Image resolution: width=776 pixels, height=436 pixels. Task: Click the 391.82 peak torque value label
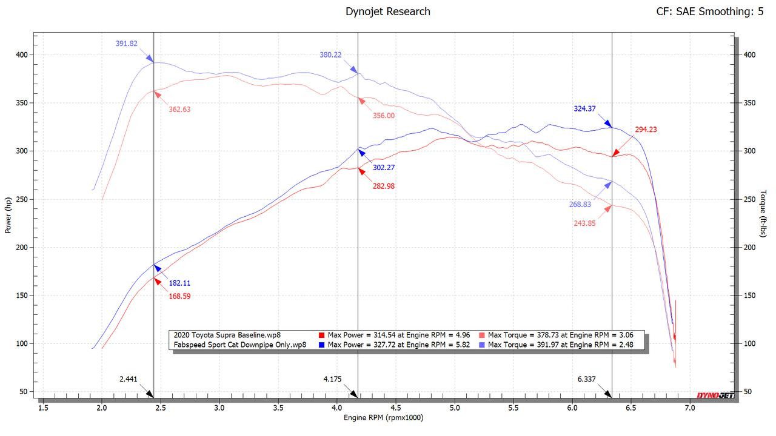click(127, 44)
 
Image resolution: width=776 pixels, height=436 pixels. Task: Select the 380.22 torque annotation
click(330, 54)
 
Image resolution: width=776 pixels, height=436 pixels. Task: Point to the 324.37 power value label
click(584, 109)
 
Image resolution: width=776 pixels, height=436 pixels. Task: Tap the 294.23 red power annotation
click(646, 130)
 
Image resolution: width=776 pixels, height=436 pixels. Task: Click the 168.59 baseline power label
click(179, 296)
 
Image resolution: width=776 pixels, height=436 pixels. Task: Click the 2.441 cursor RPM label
click(128, 380)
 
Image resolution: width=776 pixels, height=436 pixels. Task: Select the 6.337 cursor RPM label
click(586, 380)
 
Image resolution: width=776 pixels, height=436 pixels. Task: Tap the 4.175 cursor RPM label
click(332, 380)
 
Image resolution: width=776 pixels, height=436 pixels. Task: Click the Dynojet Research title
click(388, 12)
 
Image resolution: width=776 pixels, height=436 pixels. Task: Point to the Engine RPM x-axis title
click(383, 418)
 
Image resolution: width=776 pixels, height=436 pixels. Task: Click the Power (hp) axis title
click(8, 216)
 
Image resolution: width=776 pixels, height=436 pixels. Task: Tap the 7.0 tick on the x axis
click(690, 408)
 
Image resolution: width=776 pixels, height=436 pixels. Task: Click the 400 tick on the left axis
click(22, 54)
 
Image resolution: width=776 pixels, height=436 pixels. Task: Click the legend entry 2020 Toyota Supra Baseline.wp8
click(227, 335)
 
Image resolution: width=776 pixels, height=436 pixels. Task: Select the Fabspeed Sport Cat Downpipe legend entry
click(240, 345)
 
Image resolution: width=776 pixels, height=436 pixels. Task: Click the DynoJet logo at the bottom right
click(715, 395)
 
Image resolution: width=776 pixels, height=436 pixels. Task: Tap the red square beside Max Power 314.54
click(322, 335)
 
